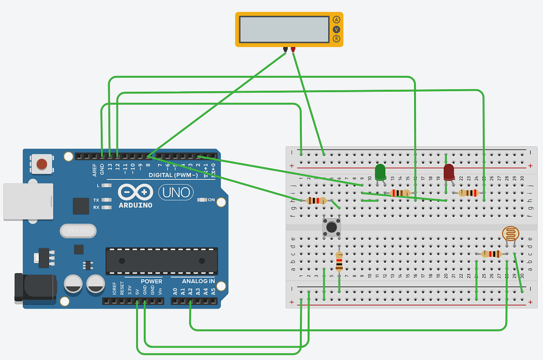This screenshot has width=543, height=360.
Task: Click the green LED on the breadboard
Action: click(380, 172)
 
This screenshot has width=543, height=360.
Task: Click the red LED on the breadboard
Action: click(449, 172)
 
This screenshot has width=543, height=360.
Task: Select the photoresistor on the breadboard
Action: click(510, 233)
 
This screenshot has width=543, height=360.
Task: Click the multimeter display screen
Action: click(284, 29)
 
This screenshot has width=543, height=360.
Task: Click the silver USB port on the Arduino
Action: click(28, 201)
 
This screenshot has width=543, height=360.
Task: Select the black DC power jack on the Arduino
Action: click(35, 288)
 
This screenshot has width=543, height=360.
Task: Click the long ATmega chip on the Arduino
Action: click(161, 261)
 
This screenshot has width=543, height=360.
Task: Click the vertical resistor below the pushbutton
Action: click(339, 262)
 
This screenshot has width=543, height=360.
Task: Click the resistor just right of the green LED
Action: click(400, 193)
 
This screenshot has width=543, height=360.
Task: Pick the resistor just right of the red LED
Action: click(468, 193)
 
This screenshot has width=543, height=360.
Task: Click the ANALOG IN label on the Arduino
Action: click(198, 281)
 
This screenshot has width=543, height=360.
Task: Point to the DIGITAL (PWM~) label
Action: click(173, 175)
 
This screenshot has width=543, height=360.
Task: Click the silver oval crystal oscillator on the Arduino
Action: click(79, 231)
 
